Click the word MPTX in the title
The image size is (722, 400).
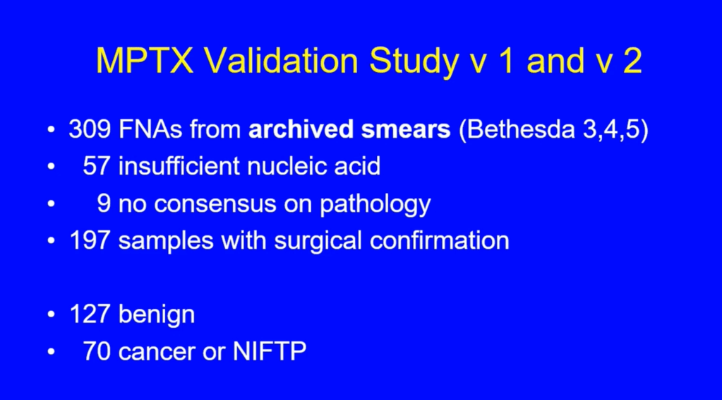click(x=145, y=60)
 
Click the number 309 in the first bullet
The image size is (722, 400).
click(x=90, y=130)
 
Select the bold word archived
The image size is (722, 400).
click(x=301, y=130)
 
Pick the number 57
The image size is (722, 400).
click(x=97, y=166)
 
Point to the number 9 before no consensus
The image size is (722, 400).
click(x=104, y=204)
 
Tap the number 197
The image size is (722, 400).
click(x=90, y=240)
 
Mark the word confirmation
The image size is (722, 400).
click(x=439, y=240)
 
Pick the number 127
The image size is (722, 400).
click(x=90, y=314)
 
